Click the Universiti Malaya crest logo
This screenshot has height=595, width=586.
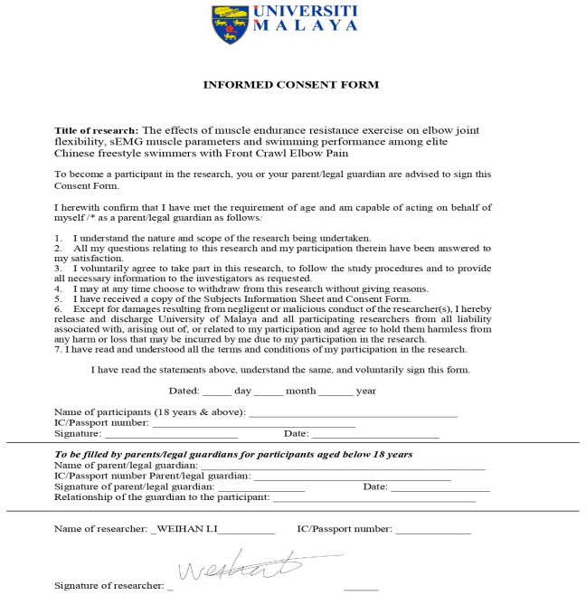[x=230, y=24]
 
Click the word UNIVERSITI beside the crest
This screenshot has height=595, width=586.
[x=305, y=11]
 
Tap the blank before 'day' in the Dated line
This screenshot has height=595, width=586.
[x=217, y=392]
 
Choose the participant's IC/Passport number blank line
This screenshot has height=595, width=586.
[x=253, y=424]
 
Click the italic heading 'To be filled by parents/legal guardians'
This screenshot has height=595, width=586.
[x=233, y=454]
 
